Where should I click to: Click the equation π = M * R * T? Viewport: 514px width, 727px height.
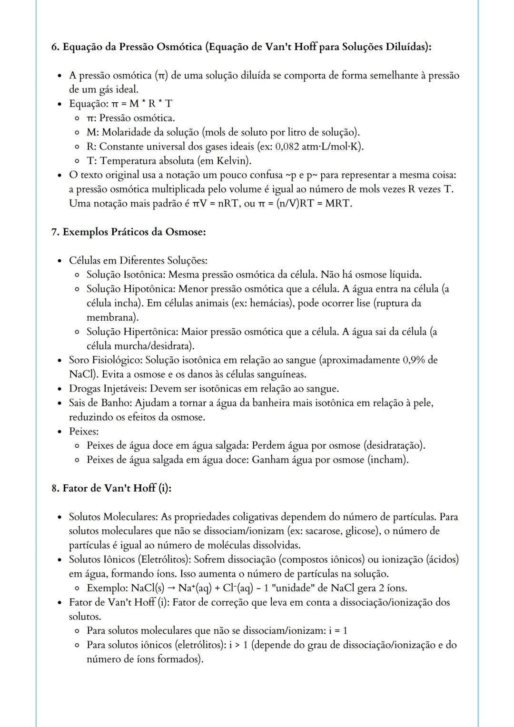[141, 104]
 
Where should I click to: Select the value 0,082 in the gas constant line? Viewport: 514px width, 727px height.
[287, 147]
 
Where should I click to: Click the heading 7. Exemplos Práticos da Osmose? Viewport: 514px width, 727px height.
[128, 232]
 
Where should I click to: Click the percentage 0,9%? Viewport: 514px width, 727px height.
[414, 360]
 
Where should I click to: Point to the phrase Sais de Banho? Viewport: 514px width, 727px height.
[100, 403]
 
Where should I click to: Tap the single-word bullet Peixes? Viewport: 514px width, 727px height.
[83, 432]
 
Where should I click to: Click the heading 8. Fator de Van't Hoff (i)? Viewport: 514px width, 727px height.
[111, 489]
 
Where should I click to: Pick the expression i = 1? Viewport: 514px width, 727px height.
[338, 631]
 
